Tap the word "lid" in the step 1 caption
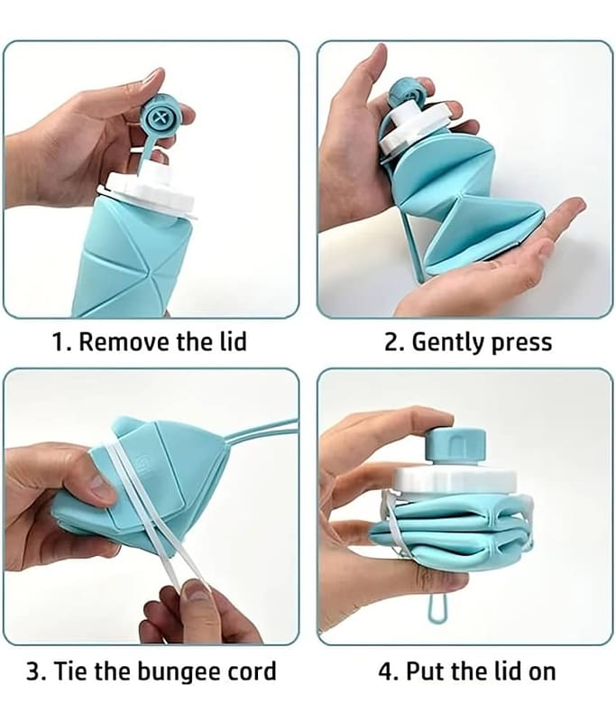(231, 341)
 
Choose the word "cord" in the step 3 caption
(252, 671)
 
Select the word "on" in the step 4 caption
(541, 673)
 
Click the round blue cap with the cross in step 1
(162, 116)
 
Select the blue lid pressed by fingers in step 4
(455, 445)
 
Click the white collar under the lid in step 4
(454, 482)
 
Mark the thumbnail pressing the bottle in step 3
(101, 488)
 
